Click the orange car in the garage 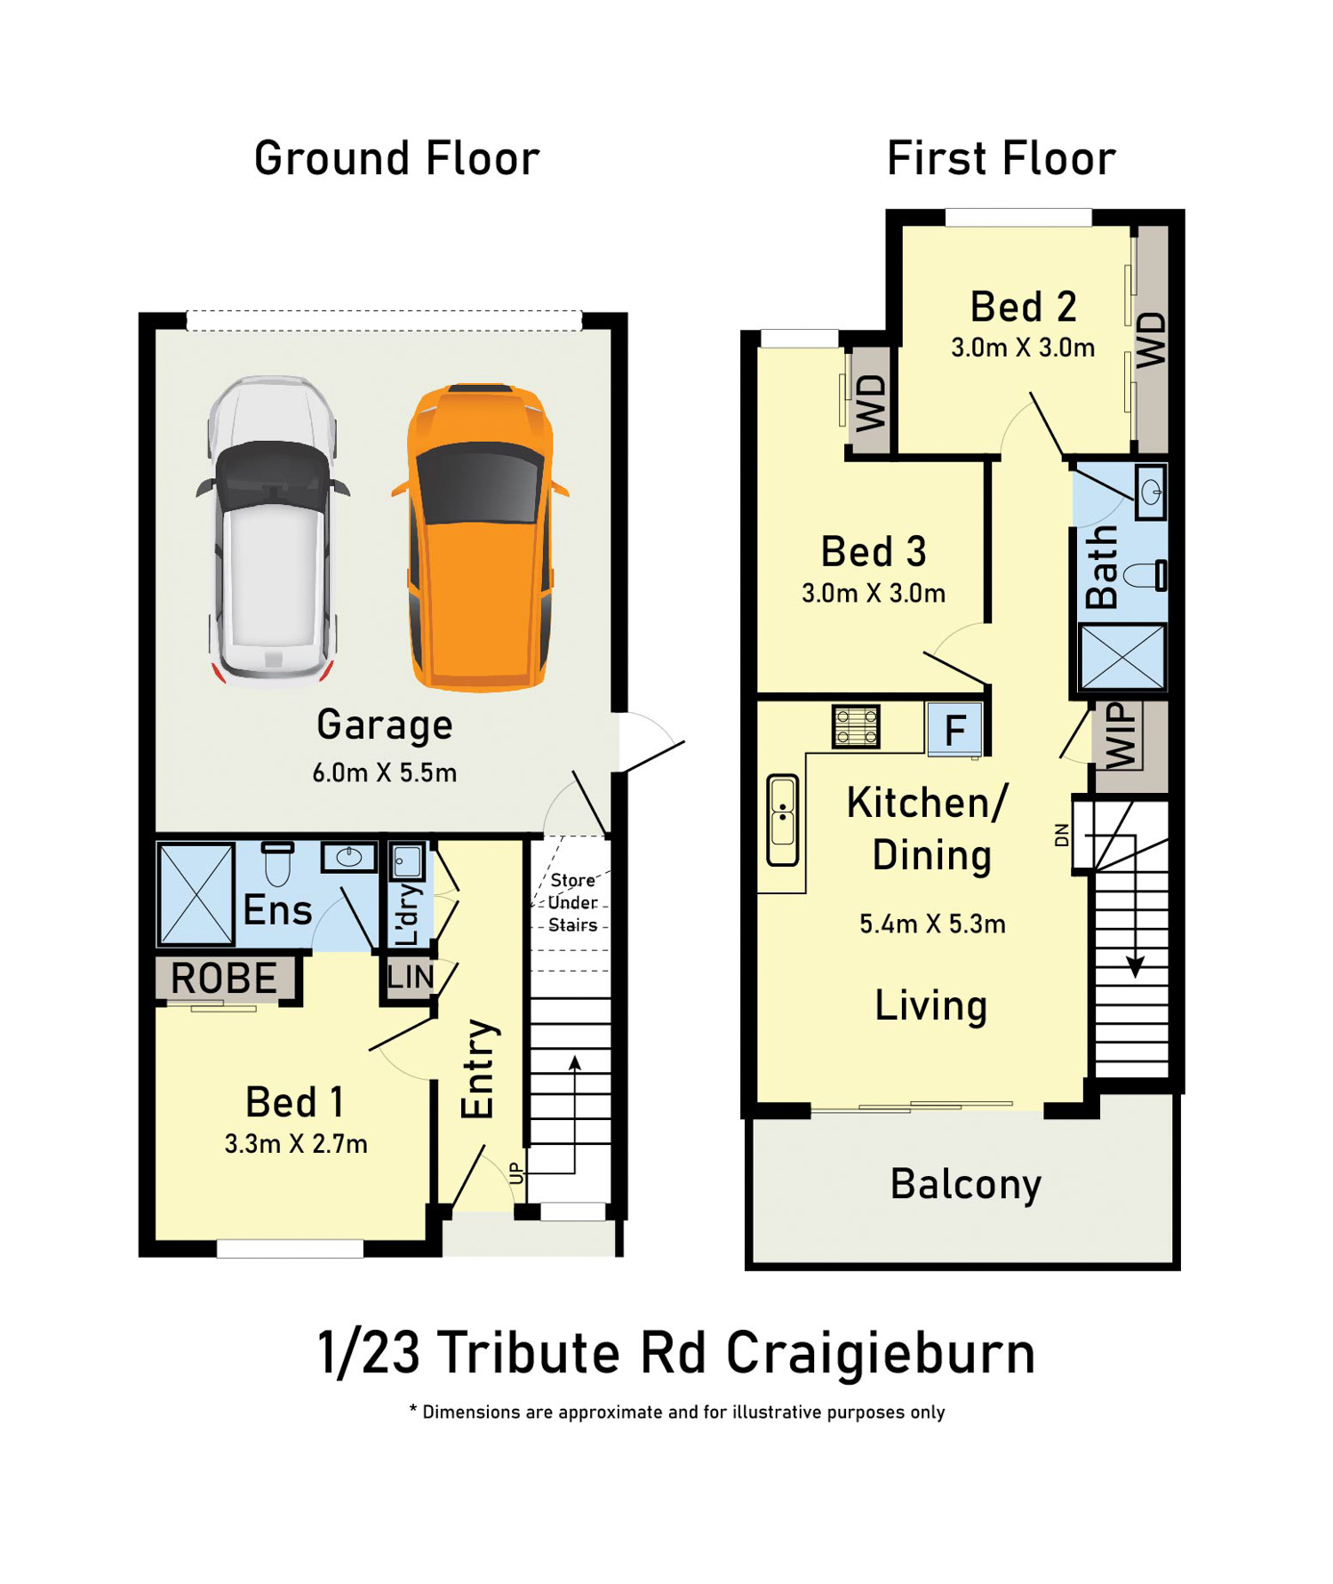(480, 537)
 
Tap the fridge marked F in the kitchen (954, 730)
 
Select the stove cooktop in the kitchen (856, 726)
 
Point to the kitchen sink (783, 820)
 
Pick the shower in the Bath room (1122, 657)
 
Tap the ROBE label (224, 979)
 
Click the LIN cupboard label (411, 977)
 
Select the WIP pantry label (1121, 736)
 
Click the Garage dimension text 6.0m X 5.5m (385, 772)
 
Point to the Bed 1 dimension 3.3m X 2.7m (296, 1143)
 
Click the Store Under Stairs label (573, 902)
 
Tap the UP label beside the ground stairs (516, 1172)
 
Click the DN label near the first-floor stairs (1062, 835)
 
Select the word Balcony (966, 1185)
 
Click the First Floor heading (1002, 159)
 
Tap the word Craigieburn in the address (881, 1353)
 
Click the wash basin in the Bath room (1151, 492)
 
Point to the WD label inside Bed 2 (1152, 340)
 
